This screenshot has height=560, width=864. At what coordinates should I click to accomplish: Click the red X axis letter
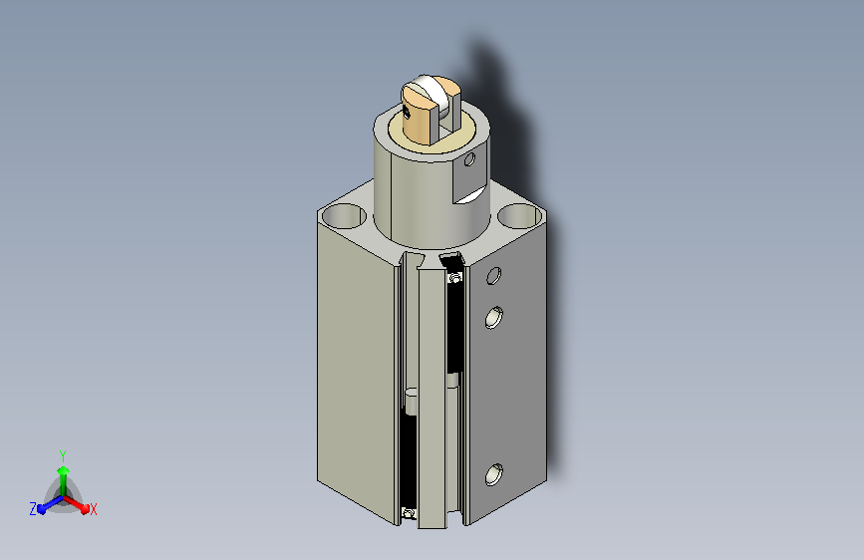click(x=93, y=510)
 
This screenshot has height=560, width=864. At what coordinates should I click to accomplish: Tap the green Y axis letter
click(x=63, y=456)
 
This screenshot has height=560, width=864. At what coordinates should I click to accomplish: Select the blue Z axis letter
click(x=33, y=509)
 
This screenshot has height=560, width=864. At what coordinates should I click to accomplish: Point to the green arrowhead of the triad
click(x=64, y=471)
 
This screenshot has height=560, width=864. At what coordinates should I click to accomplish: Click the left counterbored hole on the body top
click(x=343, y=215)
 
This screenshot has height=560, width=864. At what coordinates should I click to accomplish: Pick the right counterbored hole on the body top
click(x=519, y=215)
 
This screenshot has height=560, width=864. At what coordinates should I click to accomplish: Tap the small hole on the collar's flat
click(x=469, y=159)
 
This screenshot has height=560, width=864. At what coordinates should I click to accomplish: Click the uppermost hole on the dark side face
click(x=494, y=276)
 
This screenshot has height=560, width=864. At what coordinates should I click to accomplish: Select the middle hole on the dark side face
click(x=493, y=318)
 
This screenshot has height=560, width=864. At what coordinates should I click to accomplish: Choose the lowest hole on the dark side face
click(x=493, y=474)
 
